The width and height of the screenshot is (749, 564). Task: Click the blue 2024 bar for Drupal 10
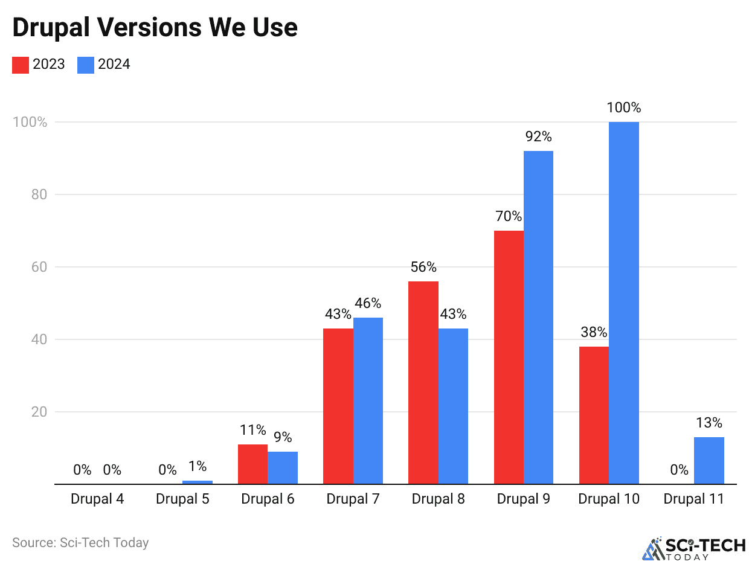tap(623, 302)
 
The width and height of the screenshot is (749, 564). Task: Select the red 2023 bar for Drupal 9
tap(509, 356)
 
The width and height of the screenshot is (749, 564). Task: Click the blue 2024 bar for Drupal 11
tap(709, 460)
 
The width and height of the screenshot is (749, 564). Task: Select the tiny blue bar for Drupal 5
tap(198, 482)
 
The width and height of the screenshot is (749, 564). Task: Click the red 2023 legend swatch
tap(20, 65)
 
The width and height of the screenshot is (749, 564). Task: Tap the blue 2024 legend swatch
tap(85, 65)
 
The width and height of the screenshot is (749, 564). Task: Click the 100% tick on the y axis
tap(30, 122)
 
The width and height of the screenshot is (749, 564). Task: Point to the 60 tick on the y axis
tap(39, 267)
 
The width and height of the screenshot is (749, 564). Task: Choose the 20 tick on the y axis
tap(39, 412)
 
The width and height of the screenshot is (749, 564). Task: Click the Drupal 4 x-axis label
tap(97, 499)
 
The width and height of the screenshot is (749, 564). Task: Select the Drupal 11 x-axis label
tap(693, 499)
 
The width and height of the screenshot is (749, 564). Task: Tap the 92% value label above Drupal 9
tap(538, 137)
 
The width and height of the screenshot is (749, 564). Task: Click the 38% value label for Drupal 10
tap(594, 332)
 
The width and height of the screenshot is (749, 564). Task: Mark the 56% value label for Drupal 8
tap(423, 267)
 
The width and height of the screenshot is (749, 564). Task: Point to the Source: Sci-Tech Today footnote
tap(80, 542)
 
